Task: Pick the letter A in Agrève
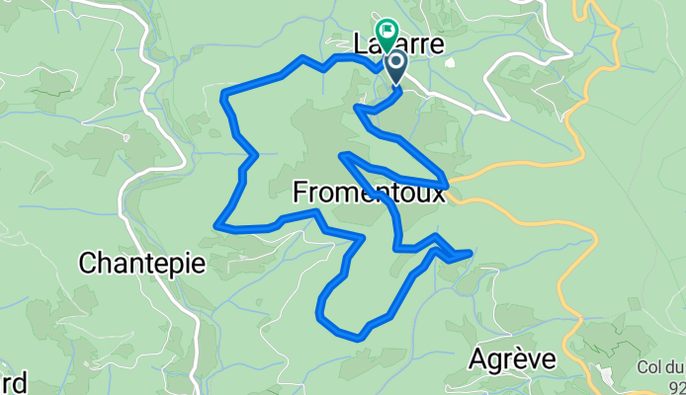pos(477,356)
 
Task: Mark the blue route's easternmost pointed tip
pos(470,255)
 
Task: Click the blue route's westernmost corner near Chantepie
pos(216,226)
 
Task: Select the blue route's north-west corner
pos(225,95)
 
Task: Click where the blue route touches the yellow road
pos(449,185)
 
